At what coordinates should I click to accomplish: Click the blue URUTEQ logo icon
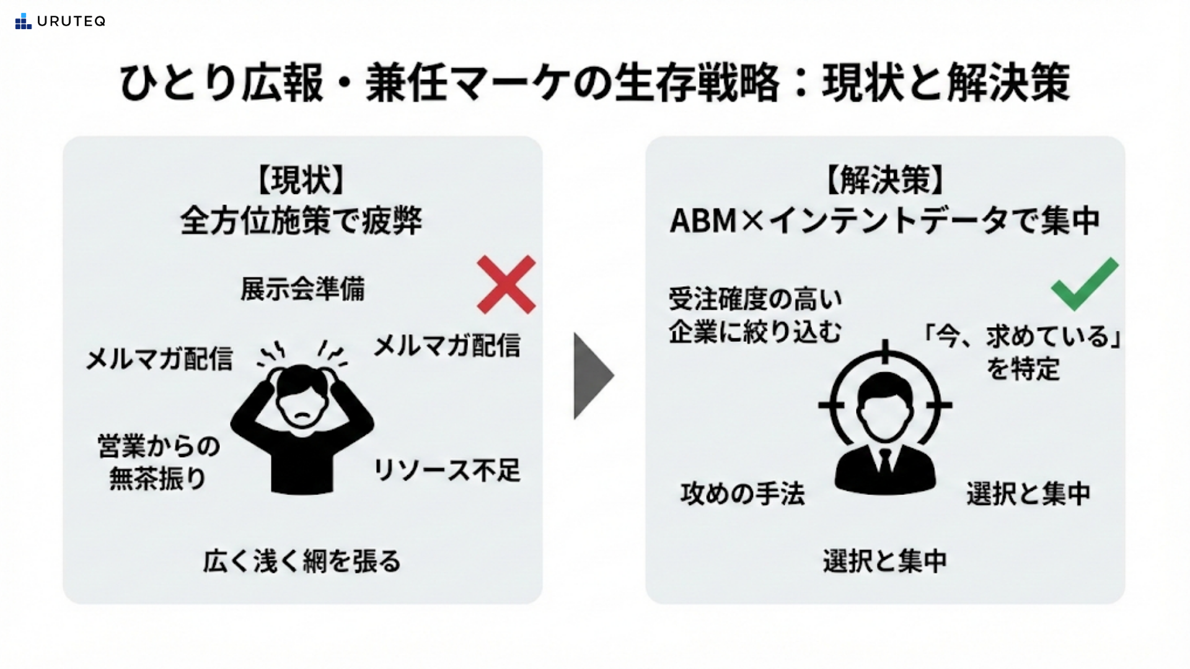pyautogui.click(x=23, y=22)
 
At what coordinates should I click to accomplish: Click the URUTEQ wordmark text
pyautogui.click(x=71, y=22)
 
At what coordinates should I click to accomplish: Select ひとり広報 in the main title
pyautogui.click(x=221, y=83)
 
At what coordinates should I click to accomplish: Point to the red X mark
pyautogui.click(x=506, y=284)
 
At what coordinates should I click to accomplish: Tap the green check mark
pyautogui.click(x=1084, y=284)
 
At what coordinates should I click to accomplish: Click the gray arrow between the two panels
pyautogui.click(x=592, y=376)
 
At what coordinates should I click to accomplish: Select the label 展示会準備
pyautogui.click(x=302, y=289)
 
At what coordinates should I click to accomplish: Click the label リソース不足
pyautogui.click(x=446, y=470)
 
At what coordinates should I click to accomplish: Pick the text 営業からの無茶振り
pyautogui.click(x=159, y=462)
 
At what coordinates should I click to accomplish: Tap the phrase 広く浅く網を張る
pyautogui.click(x=302, y=561)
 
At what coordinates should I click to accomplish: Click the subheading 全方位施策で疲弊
pyautogui.click(x=302, y=221)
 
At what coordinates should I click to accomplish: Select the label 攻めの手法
pyautogui.click(x=743, y=494)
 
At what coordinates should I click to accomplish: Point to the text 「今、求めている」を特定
pyautogui.click(x=1023, y=352)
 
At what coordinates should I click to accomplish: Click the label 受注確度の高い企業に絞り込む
pyautogui.click(x=756, y=316)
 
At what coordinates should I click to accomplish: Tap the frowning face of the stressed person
pyautogui.click(x=302, y=406)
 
